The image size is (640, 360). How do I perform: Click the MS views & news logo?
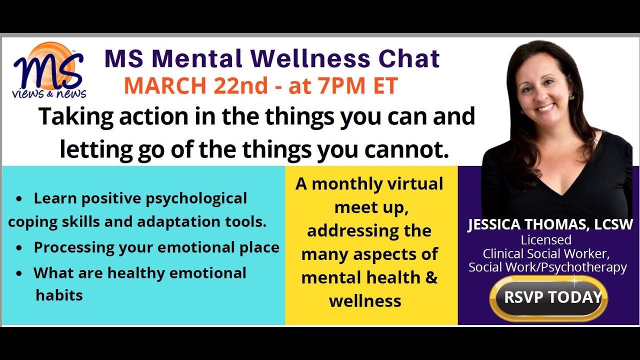(x=48, y=70)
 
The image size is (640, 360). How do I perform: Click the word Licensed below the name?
(x=546, y=240)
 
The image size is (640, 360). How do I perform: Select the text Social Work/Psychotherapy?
(x=547, y=267)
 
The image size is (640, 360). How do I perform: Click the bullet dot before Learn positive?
(x=18, y=199)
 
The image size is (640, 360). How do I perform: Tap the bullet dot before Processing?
(x=18, y=248)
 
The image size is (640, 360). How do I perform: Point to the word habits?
(x=59, y=295)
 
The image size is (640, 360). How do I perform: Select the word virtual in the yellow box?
(x=413, y=184)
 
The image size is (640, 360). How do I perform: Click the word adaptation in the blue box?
(x=179, y=222)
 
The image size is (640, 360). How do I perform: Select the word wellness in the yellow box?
(x=365, y=301)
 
